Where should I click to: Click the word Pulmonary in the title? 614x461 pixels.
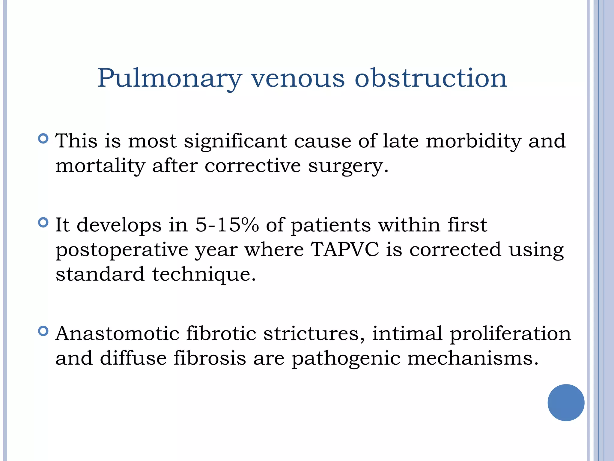pos(169,79)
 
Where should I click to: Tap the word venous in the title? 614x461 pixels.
pos(298,79)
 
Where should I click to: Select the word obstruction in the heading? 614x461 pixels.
pos(431,78)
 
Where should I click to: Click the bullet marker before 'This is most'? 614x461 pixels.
pos(43,139)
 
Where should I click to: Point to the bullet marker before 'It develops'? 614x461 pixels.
pos(43,223)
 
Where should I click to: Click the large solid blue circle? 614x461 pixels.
pos(566,402)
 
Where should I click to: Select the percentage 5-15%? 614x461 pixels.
pos(227,225)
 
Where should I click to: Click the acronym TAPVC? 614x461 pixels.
pos(345,249)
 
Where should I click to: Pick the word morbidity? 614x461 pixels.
pos(473,141)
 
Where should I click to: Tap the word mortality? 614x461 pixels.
pos(100,166)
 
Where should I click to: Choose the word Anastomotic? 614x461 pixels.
pos(117,333)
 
